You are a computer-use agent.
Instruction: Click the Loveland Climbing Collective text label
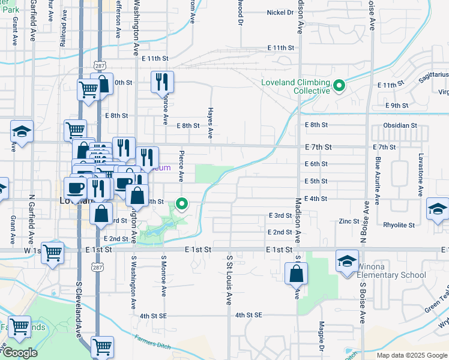coord(295,86)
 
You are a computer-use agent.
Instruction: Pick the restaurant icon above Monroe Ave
coord(161,82)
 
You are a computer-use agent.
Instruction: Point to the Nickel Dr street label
coord(280,12)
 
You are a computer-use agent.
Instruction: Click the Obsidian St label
coord(400,125)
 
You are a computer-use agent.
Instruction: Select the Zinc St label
coord(348,221)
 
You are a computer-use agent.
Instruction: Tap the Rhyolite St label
coord(400,226)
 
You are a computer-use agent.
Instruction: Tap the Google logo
coord(19,353)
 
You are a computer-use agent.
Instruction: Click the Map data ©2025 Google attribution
coord(411,355)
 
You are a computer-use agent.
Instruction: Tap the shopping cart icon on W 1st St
coord(53,252)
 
